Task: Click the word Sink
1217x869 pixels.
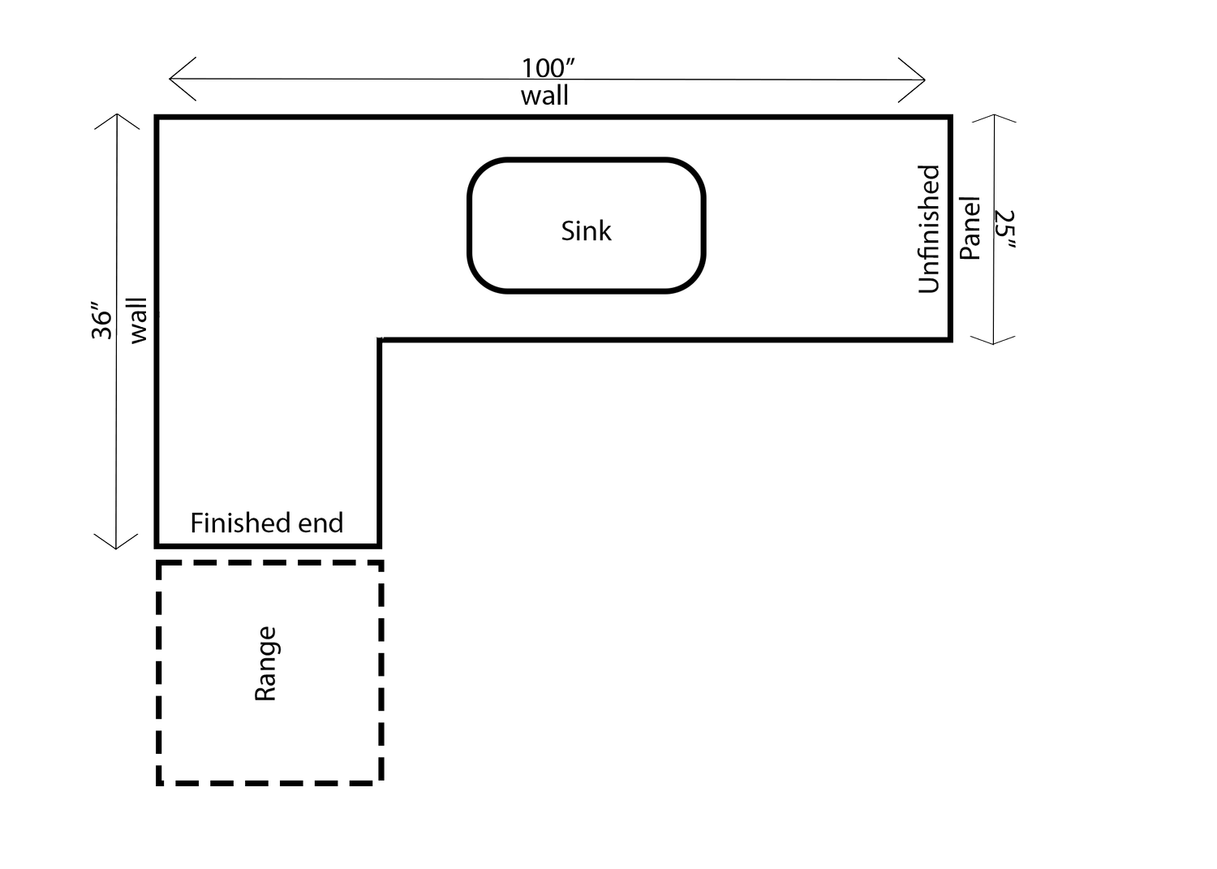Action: [x=586, y=231]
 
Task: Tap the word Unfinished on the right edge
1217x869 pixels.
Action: [x=928, y=229]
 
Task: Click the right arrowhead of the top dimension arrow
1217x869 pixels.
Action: [x=923, y=80]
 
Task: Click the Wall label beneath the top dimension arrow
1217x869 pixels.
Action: [x=544, y=97]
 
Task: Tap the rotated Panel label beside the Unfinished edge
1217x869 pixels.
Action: [x=970, y=227]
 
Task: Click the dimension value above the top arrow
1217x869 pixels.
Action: [x=548, y=63]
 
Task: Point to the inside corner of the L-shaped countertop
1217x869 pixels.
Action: [x=381, y=340]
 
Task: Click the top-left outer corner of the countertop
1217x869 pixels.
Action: [x=156, y=117]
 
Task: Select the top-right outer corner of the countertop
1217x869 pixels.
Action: [x=951, y=117]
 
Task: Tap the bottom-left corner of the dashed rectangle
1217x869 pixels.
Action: [x=155, y=785]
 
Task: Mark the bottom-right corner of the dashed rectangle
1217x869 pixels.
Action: [x=385, y=785]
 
